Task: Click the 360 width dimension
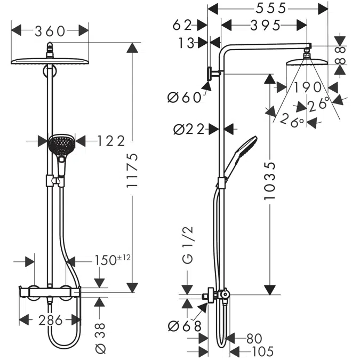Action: pos(50,31)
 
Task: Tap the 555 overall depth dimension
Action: pos(271,9)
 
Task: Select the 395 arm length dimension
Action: pos(265,25)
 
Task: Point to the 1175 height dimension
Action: pos(132,170)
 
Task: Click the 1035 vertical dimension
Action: pos(269,181)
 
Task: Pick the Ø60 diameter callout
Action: pos(185,98)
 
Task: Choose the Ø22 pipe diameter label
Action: pos(189,129)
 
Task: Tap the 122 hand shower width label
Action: pos(111,141)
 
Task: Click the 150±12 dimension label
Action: pos(113,260)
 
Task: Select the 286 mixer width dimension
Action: pos(50,320)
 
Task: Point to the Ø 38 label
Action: pos(100,338)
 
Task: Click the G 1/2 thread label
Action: pos(188,245)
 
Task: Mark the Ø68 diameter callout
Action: pos(185,326)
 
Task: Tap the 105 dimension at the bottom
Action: pos(263,351)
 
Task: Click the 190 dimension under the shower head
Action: pos(308,87)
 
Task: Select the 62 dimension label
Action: pos(182,25)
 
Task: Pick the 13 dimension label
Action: pos(186,43)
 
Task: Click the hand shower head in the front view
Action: pos(61,145)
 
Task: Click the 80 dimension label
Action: pos(254,338)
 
